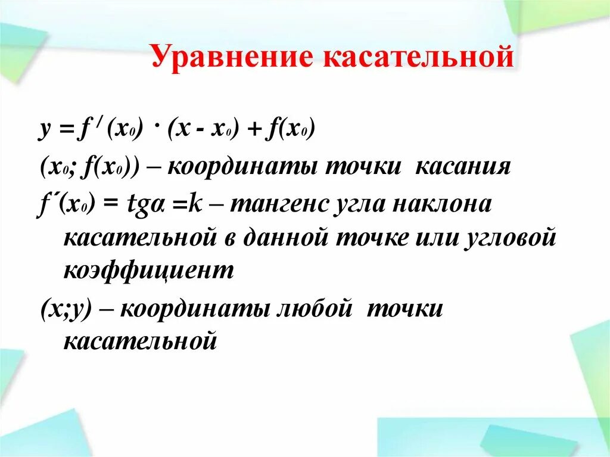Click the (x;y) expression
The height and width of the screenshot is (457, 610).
click(x=65, y=310)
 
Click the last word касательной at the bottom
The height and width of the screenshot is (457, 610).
click(x=139, y=341)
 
